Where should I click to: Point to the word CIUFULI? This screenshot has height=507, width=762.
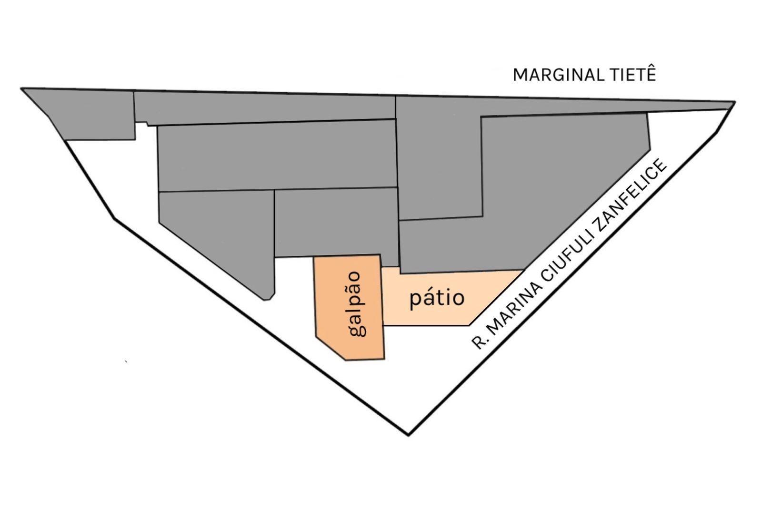tap(567, 251)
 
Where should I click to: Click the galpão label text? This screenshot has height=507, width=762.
tap(358, 304)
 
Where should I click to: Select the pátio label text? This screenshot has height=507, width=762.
tap(437, 298)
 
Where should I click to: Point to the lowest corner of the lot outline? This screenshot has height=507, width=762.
tap(408, 434)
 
